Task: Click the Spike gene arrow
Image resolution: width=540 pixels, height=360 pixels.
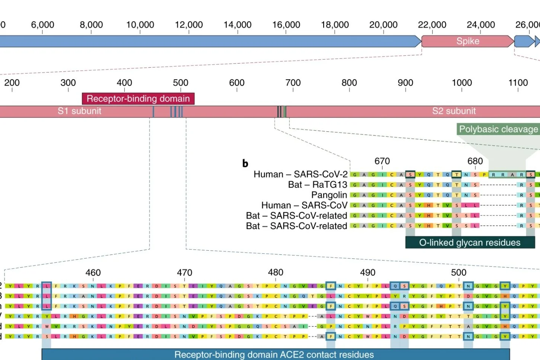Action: coord(467,41)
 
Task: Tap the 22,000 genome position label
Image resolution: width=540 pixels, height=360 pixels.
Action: coord(432,25)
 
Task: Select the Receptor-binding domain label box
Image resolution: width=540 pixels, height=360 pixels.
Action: coord(138,99)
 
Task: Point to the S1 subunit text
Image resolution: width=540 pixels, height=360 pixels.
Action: coord(79,111)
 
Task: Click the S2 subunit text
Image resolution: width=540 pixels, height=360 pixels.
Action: coord(454,111)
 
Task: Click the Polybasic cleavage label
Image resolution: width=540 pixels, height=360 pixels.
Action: coord(498,129)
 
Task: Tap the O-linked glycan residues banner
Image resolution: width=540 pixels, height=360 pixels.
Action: coord(470,242)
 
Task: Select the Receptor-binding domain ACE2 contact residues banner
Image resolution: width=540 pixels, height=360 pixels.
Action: coord(274,354)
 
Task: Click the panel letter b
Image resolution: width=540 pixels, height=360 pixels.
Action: coord(245,163)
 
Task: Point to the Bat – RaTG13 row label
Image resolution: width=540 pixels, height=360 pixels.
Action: coord(317,185)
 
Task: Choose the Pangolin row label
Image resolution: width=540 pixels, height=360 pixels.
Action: coord(329,195)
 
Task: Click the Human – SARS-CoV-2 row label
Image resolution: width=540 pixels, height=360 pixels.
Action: coord(300,174)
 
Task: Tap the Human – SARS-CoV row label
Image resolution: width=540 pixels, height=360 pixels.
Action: coord(304,205)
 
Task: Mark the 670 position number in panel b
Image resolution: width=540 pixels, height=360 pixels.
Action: coord(382,161)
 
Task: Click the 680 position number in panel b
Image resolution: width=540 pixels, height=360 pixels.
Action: coord(475,161)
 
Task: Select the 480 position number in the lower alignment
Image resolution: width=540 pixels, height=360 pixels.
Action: coord(276,273)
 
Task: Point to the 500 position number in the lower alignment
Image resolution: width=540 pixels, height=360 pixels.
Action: coord(459,273)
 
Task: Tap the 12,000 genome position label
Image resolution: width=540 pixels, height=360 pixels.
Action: coord(189,25)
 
